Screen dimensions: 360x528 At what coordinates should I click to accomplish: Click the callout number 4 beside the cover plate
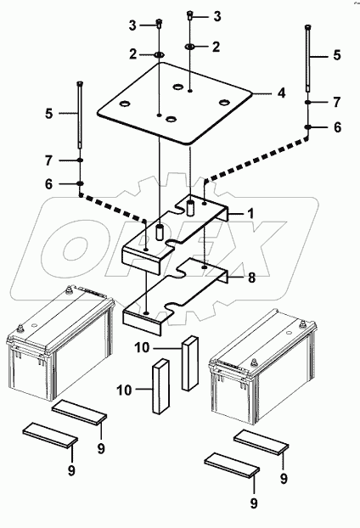(x=281, y=93)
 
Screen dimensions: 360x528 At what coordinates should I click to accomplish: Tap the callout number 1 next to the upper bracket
(x=250, y=213)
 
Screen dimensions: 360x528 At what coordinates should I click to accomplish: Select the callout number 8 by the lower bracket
(x=251, y=278)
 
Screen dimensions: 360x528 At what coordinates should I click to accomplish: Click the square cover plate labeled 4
(x=175, y=104)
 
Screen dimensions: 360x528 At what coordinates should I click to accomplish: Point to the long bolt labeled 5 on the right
(x=308, y=58)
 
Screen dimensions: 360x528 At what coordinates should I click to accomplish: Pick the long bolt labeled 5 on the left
(x=80, y=115)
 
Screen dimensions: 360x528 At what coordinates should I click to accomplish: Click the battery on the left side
(x=60, y=343)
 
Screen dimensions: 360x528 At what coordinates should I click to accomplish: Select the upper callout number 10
(x=142, y=347)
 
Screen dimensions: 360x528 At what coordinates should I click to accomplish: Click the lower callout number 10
(x=124, y=390)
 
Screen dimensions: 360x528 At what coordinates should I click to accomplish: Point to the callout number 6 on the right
(x=337, y=127)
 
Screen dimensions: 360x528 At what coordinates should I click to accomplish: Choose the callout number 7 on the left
(x=49, y=160)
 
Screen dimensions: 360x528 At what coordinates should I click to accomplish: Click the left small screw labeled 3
(x=159, y=23)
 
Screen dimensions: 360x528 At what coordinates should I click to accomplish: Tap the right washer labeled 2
(x=189, y=47)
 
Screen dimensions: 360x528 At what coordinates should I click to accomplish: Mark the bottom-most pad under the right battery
(x=232, y=465)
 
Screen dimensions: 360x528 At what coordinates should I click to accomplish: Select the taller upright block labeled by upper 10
(x=189, y=362)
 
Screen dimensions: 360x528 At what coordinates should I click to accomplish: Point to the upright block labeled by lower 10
(x=160, y=385)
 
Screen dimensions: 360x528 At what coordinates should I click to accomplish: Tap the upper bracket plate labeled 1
(x=175, y=233)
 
